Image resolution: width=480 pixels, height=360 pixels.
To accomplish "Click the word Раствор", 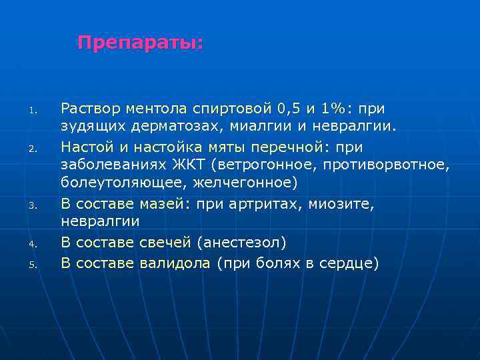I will click(87, 108).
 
